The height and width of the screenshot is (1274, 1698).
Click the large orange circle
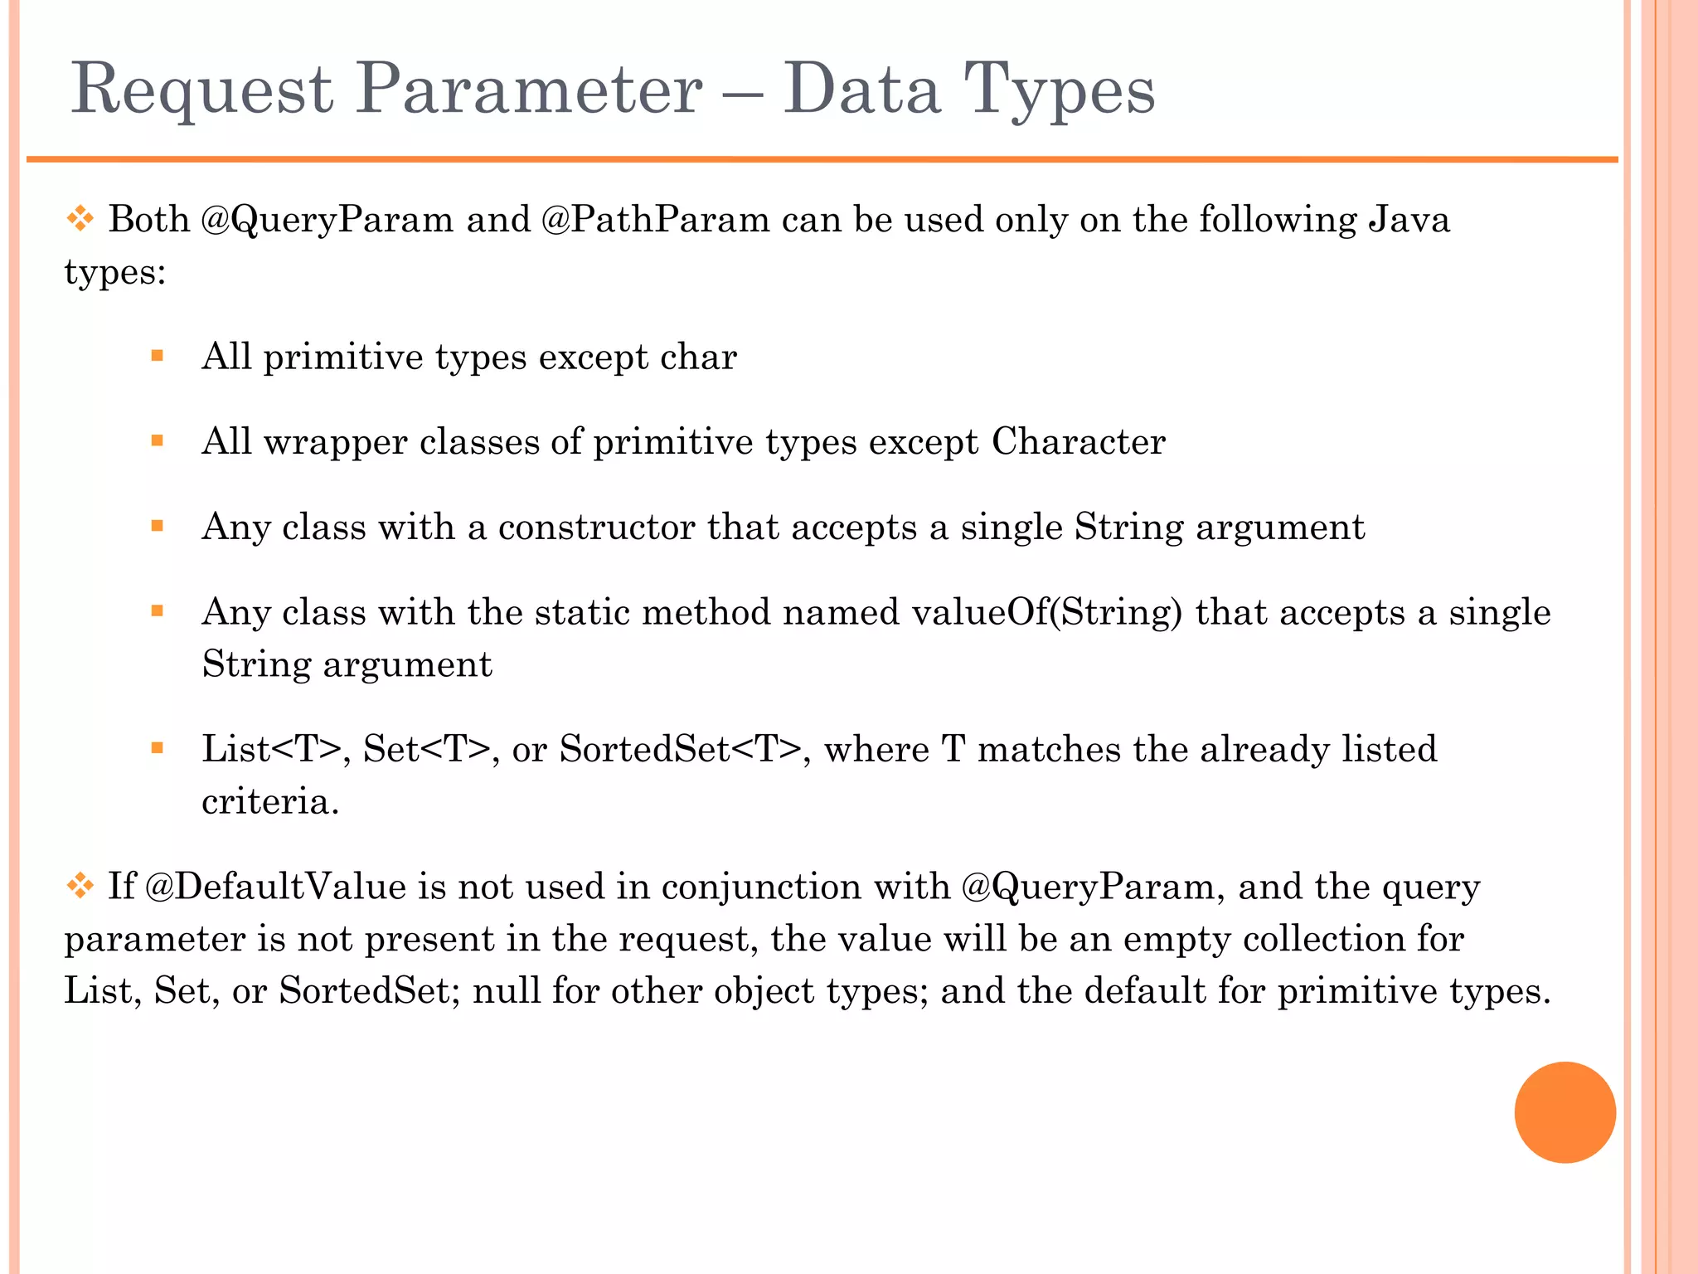point(1565,1112)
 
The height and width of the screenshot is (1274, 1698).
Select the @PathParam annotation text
point(655,221)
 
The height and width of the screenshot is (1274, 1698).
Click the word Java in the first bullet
point(1409,221)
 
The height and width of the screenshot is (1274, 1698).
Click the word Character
point(1079,442)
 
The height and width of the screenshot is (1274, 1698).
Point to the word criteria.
point(270,802)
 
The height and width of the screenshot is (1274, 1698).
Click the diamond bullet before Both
point(80,220)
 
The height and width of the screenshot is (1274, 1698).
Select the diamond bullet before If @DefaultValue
point(80,887)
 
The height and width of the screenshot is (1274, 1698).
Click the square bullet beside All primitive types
point(158,357)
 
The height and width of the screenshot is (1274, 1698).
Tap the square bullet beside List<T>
point(158,749)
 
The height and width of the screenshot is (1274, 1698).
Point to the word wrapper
point(336,442)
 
